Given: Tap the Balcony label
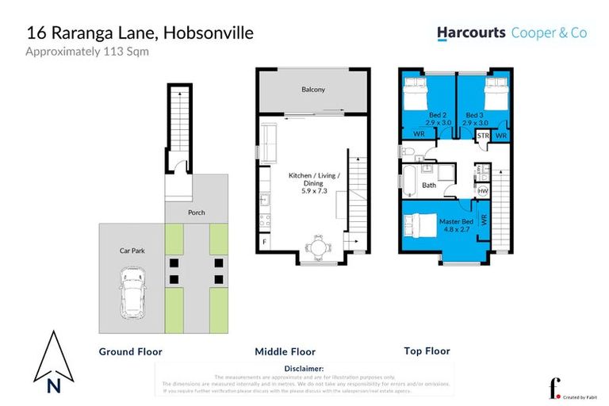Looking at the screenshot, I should click(x=312, y=90).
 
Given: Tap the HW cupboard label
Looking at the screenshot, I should click(x=483, y=191).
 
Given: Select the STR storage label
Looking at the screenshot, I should click(x=483, y=136).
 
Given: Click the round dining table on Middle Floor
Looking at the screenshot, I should click(x=318, y=247).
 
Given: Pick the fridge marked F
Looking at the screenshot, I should click(x=264, y=241).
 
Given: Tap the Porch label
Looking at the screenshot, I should click(x=196, y=213).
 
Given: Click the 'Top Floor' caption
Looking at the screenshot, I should click(x=427, y=350).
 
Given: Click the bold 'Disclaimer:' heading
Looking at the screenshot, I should click(x=304, y=369).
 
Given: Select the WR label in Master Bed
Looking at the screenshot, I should click(x=483, y=216).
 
